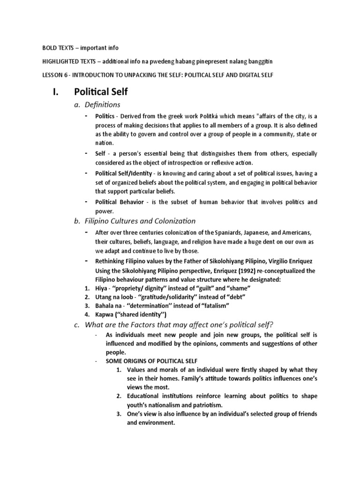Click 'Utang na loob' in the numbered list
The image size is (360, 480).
[113, 297]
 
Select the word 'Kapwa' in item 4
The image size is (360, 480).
[104, 314]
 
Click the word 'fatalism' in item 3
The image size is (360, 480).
[214, 306]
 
